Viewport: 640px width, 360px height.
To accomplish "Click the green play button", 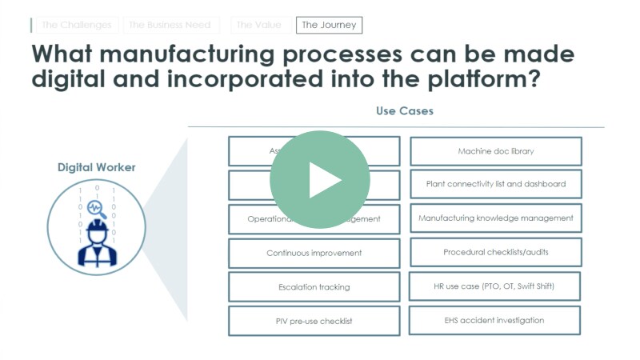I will pyautogui.click(x=320, y=180).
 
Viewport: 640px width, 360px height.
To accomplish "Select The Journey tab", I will pyautogui.click(x=329, y=25).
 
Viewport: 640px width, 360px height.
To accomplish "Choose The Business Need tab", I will pyautogui.click(x=170, y=25).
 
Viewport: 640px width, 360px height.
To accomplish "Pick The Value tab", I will pyautogui.click(x=258, y=25).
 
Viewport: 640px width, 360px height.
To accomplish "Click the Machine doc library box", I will pyautogui.click(x=496, y=150).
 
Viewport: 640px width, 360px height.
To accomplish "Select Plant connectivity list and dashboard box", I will pyautogui.click(x=496, y=184).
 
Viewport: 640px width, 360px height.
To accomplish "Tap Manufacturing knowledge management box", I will pyautogui.click(x=496, y=218).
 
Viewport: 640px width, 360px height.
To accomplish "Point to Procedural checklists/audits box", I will pyautogui.click(x=496, y=252).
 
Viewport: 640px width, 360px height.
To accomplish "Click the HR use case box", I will pyautogui.click(x=496, y=286).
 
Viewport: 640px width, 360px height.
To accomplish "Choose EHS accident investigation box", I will pyautogui.click(x=494, y=320).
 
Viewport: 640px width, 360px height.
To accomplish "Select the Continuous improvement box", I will pyautogui.click(x=314, y=253).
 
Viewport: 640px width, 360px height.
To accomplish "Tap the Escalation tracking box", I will pyautogui.click(x=314, y=286).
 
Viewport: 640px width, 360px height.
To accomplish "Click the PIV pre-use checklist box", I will pyautogui.click(x=314, y=321).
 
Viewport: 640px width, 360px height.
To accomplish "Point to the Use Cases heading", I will pyautogui.click(x=405, y=110).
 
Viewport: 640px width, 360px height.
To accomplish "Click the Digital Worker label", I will pyautogui.click(x=96, y=167).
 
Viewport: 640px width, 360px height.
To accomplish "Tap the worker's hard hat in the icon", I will pyautogui.click(x=97, y=228).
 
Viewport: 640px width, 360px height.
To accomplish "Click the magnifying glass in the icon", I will pyautogui.click(x=96, y=208).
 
